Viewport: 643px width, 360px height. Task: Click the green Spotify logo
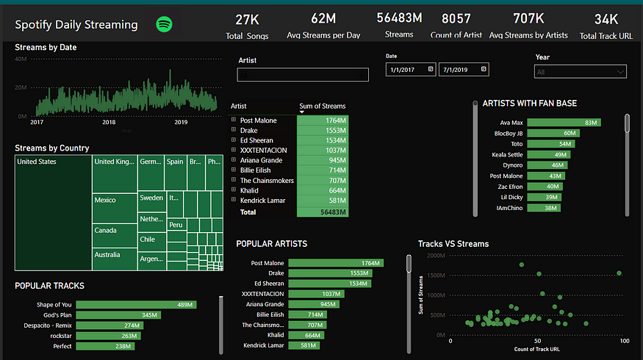tap(165, 24)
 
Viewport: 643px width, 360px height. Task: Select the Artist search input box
tap(303, 74)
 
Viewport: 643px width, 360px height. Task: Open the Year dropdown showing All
tap(581, 72)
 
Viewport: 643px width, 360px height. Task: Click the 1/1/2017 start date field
tap(409, 69)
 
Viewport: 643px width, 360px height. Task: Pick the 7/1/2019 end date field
tap(464, 69)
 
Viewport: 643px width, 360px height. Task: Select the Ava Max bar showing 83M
tap(564, 123)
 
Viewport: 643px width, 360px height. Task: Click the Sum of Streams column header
tap(322, 107)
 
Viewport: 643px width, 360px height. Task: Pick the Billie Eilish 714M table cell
tap(323, 170)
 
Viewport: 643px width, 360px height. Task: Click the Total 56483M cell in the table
tap(323, 211)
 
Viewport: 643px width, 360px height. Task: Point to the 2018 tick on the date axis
tap(109, 123)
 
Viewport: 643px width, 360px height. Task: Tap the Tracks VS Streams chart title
tap(453, 244)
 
